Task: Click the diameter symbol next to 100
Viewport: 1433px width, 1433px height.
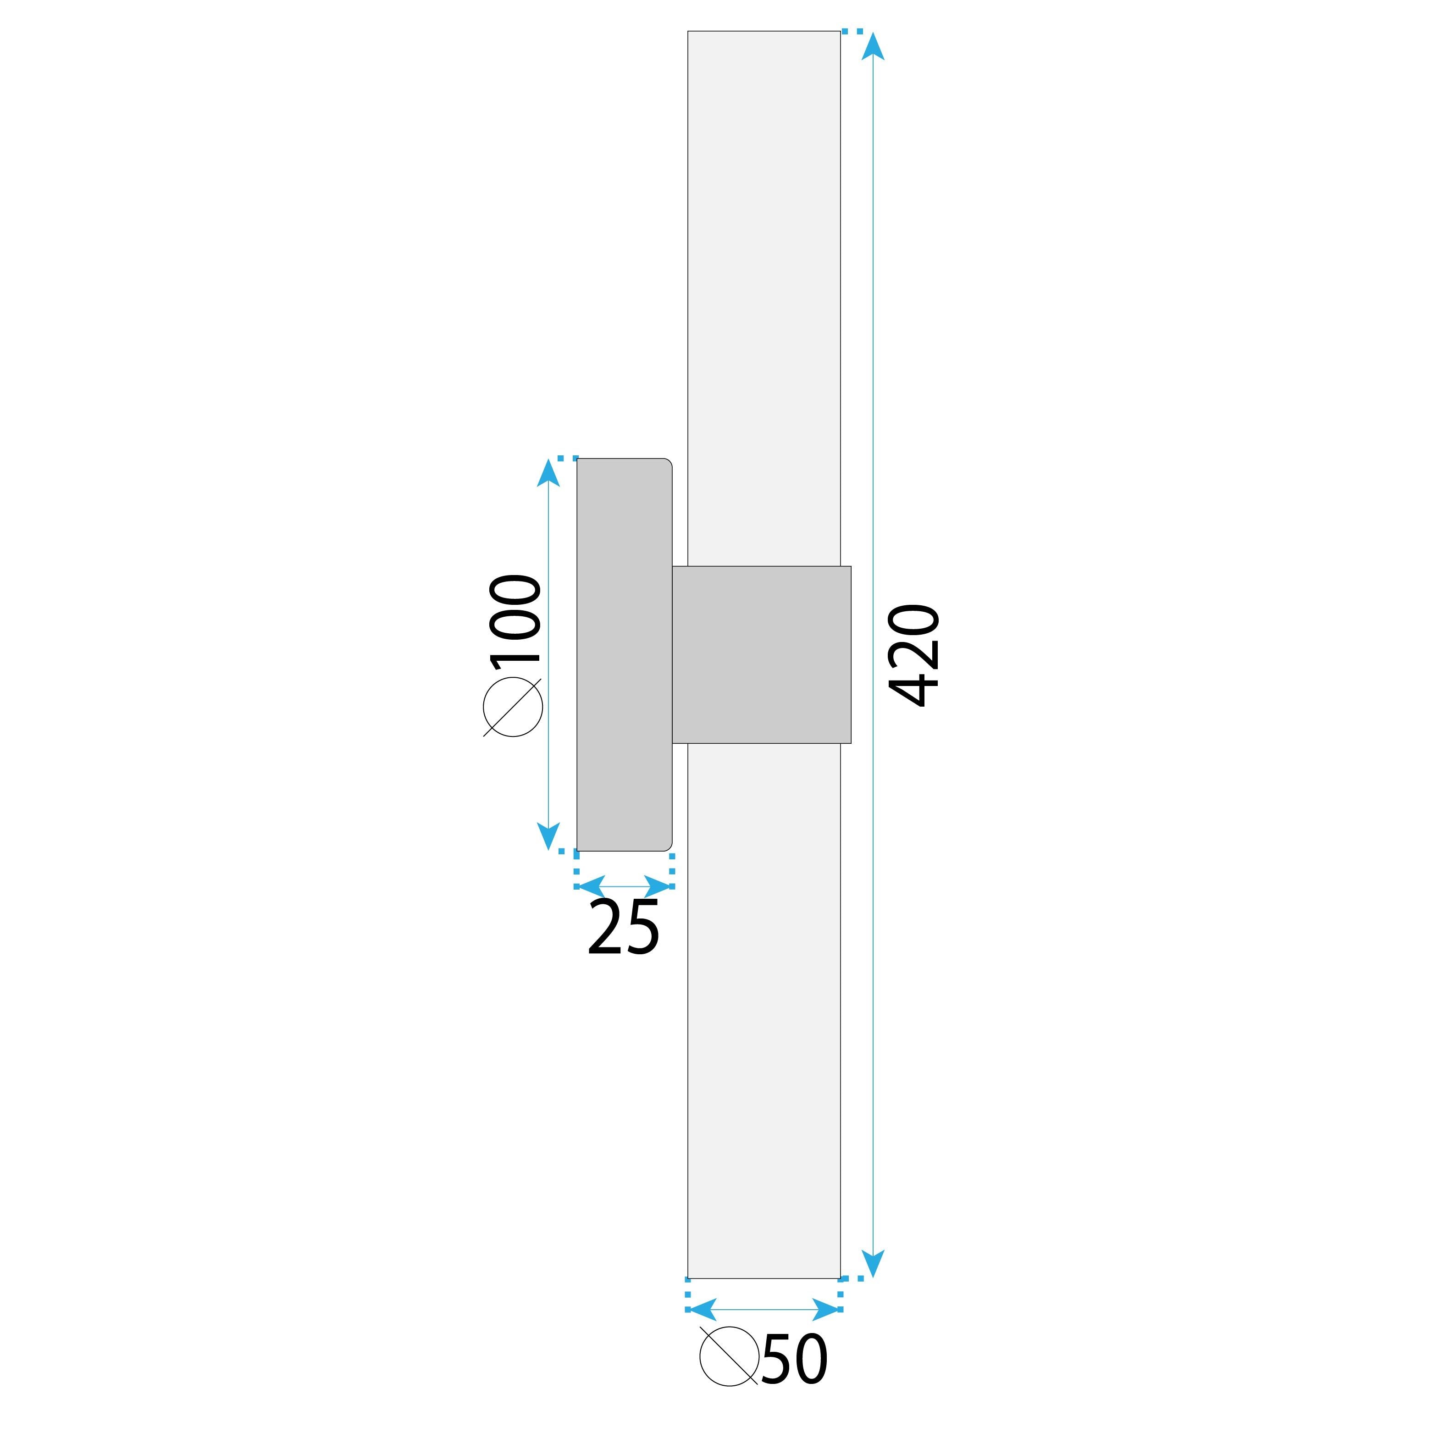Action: tap(513, 707)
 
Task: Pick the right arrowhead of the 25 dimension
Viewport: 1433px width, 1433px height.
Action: tap(658, 885)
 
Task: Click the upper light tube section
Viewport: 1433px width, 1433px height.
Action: tap(764, 297)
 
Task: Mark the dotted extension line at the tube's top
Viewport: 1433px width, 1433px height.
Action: tap(852, 31)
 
